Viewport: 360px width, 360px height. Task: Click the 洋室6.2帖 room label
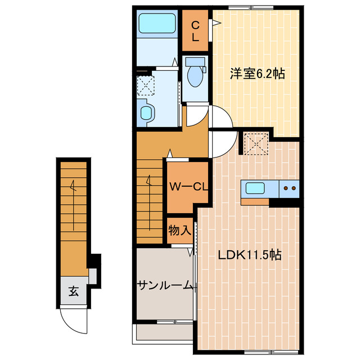tap(256, 73)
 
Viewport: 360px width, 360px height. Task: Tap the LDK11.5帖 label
tap(250, 255)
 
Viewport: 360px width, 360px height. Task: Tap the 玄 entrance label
tap(73, 291)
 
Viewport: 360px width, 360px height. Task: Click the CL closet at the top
tap(195, 31)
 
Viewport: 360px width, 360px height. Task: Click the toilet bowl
tap(195, 77)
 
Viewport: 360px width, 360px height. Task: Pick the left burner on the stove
tap(286, 188)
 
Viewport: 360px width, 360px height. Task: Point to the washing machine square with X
tap(146, 85)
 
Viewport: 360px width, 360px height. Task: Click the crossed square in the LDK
tap(256, 143)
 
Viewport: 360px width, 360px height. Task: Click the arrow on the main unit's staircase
tap(149, 181)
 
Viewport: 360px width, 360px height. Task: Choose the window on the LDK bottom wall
tap(259, 353)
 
